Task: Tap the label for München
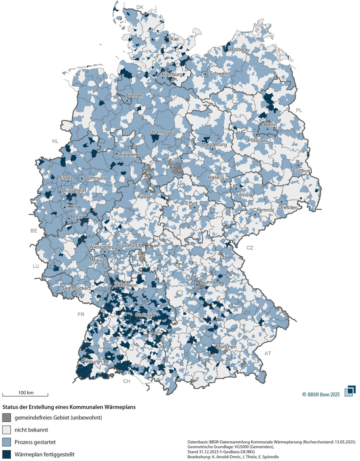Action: pyautogui.click(x=225, y=347)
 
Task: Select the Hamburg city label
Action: pyautogui.click(x=172, y=74)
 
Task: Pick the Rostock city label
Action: pyautogui.click(x=239, y=50)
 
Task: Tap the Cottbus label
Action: pyautogui.click(x=303, y=171)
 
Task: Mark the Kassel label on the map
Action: pyautogui.click(x=145, y=197)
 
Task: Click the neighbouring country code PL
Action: pyautogui.click(x=299, y=111)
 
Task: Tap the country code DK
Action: pyautogui.click(x=140, y=7)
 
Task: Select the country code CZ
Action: pyautogui.click(x=250, y=248)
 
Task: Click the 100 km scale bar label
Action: pyautogui.click(x=25, y=392)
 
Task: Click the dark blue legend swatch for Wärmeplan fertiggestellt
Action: pyautogui.click(x=7, y=454)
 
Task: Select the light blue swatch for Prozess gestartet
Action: pyautogui.click(x=7, y=442)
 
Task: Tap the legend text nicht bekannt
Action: pyautogui.click(x=30, y=430)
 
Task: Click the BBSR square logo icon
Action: pyautogui.click(x=351, y=391)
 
